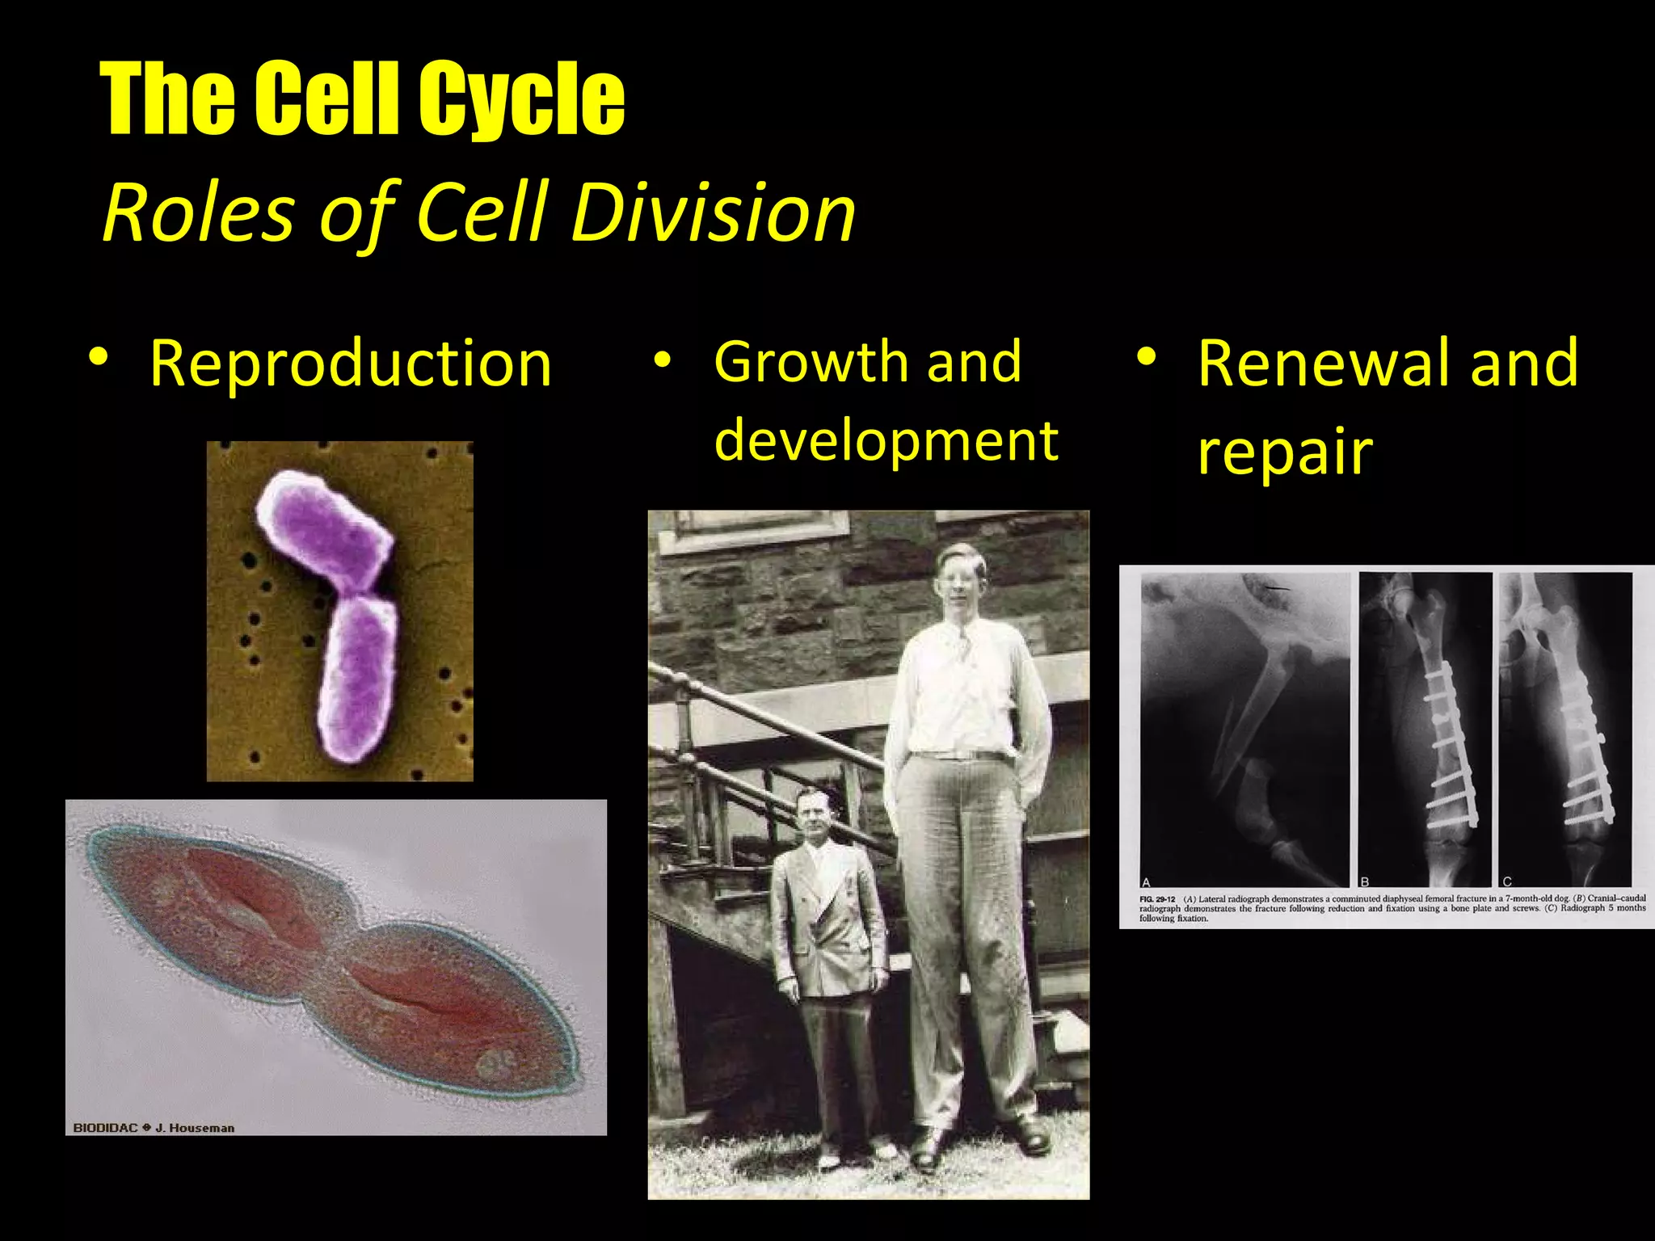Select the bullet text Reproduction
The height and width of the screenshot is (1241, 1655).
pos(351,364)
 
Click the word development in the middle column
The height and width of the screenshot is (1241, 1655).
pos(886,442)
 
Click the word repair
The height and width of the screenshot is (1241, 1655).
pos(1285,452)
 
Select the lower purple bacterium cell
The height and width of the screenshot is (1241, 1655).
pos(358,679)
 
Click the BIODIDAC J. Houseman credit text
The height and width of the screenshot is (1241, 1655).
pos(154,1128)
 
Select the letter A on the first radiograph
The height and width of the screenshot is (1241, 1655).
pos(1146,881)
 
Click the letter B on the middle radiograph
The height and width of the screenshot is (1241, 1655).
pos(1365,881)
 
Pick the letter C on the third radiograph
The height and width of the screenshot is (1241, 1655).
pos(1507,881)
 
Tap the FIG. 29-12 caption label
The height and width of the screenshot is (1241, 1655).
pos(1156,899)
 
